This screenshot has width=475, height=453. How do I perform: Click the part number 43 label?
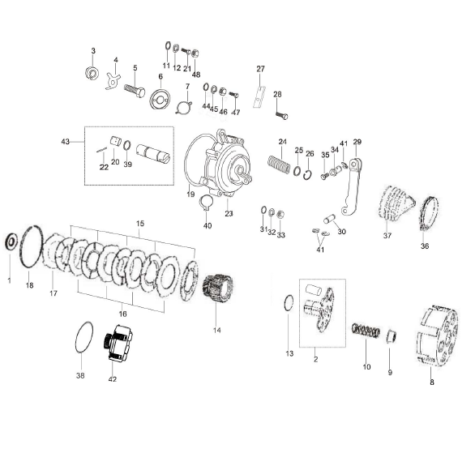[65, 142]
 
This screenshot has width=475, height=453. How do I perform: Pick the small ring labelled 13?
[289, 305]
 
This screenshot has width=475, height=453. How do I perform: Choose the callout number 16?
[122, 313]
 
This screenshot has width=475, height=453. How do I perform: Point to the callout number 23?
[229, 213]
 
